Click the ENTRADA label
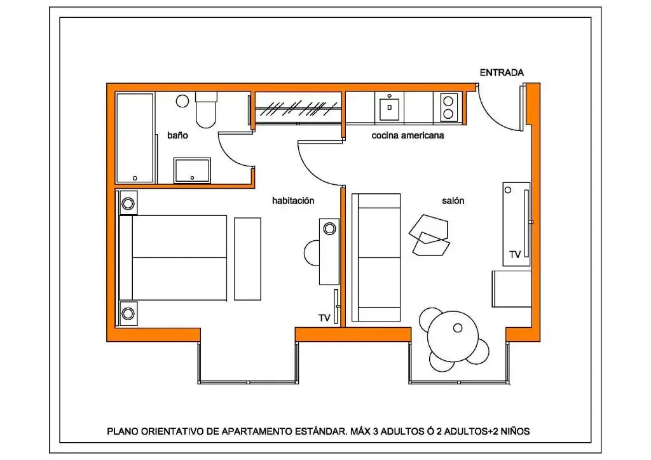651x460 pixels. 502,73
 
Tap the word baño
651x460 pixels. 177,135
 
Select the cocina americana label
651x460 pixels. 408,135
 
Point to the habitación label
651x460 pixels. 293,200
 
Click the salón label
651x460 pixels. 453,200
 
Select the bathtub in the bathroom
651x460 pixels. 135,138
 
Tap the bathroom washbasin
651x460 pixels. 192,170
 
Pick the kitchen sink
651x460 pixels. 388,107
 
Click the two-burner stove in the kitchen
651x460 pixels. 448,107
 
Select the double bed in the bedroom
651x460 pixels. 175,257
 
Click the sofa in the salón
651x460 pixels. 376,257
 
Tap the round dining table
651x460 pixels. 453,332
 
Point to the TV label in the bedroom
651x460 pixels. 325,318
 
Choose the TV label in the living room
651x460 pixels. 515,254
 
